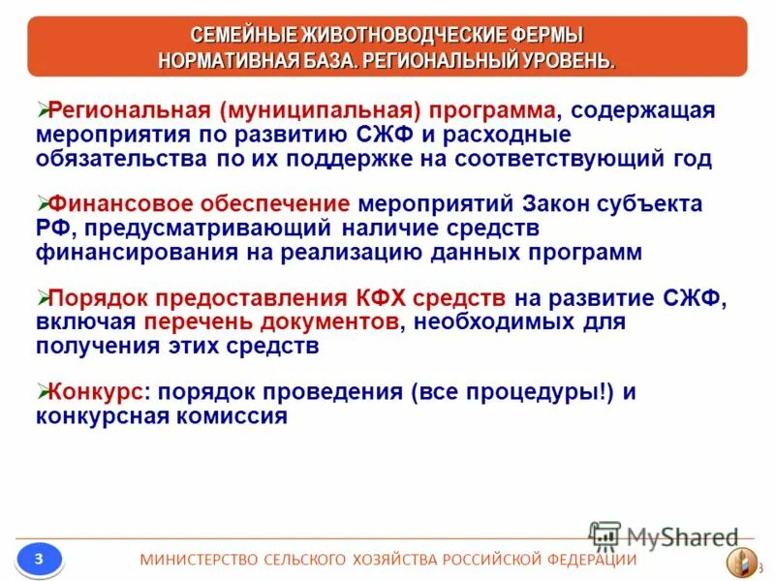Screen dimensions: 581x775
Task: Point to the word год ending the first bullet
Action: pos(686,159)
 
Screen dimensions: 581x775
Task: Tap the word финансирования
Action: pos(129,252)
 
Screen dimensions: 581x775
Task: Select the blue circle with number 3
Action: pos(38,559)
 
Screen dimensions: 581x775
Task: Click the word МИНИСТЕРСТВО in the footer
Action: pos(200,560)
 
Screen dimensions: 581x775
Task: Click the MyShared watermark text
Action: pos(682,537)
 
